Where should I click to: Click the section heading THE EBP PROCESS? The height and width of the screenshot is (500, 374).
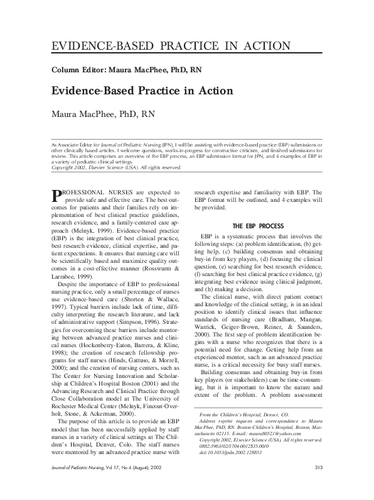(259, 225)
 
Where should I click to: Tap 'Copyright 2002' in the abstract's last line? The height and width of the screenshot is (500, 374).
(67, 168)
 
